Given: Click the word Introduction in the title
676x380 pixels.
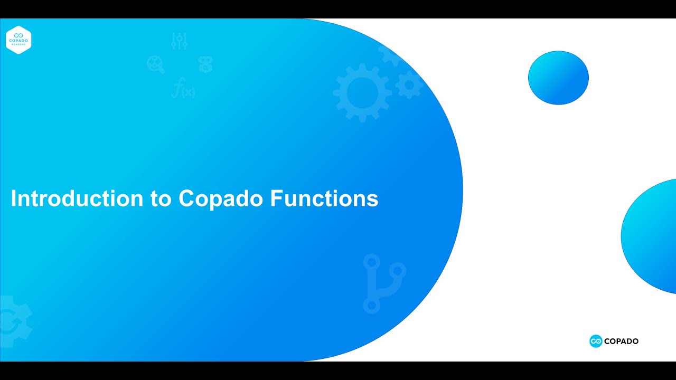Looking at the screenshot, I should pos(77,199).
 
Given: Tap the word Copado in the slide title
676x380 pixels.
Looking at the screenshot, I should pos(221,199).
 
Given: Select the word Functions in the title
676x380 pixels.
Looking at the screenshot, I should pos(324,199).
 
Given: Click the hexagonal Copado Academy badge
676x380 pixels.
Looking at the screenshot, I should pos(18,40).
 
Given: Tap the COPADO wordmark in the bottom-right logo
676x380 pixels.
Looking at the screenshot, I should pos(621,341).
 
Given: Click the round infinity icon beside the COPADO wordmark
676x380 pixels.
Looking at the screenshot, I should pos(596,341).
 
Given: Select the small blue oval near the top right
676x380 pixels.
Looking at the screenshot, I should pos(558,78).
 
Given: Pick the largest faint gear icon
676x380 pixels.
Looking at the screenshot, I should pos(362,92).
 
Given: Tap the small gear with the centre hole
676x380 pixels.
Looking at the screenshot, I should pos(409,84).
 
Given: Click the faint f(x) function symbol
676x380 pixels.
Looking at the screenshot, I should pos(183,88).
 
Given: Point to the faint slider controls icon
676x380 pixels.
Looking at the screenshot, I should pos(180,41).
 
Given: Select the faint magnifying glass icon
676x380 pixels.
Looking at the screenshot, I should pos(155,64).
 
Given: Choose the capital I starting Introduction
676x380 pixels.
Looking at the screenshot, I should pos(14,199).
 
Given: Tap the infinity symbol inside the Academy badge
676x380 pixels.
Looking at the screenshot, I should pos(18,35).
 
